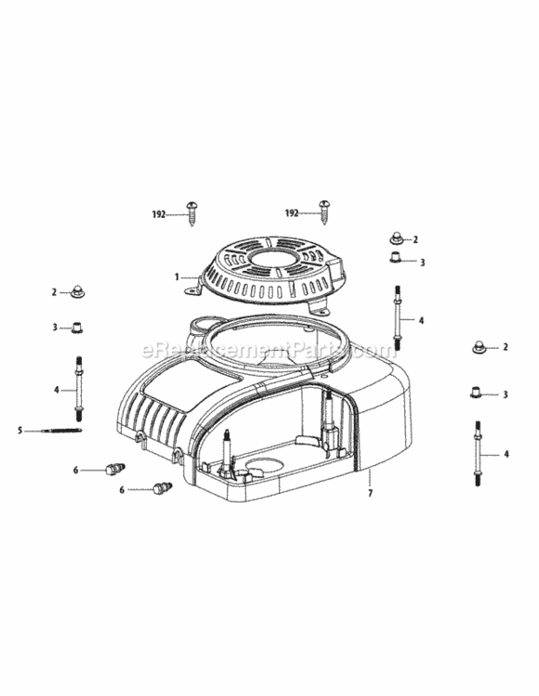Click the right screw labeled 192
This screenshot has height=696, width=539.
325,210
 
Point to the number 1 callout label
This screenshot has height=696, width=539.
176,276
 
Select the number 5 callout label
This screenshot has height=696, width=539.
20,430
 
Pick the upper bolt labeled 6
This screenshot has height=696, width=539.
115,469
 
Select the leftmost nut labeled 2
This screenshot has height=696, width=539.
76,293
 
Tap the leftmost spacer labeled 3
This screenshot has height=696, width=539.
77,327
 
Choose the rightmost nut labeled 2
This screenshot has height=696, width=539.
480,347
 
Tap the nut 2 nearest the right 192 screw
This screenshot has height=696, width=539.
395,238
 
